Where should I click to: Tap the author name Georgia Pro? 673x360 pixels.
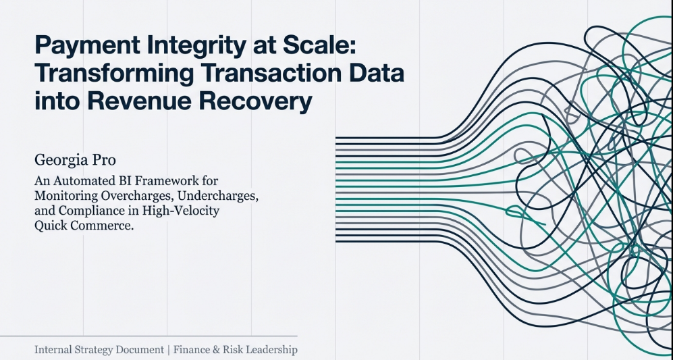tap(75, 161)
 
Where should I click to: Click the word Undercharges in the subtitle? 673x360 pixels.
tap(218, 197)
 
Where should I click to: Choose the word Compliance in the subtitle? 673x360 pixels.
tap(91, 211)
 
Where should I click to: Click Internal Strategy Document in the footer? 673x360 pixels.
tap(99, 350)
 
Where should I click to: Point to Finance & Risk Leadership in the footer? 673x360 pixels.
tap(235, 350)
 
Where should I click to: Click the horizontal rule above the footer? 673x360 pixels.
tap(149, 336)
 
